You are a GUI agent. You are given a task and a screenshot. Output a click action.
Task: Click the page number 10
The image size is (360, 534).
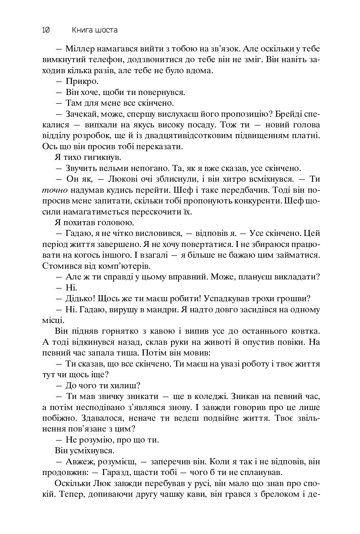(45, 30)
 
